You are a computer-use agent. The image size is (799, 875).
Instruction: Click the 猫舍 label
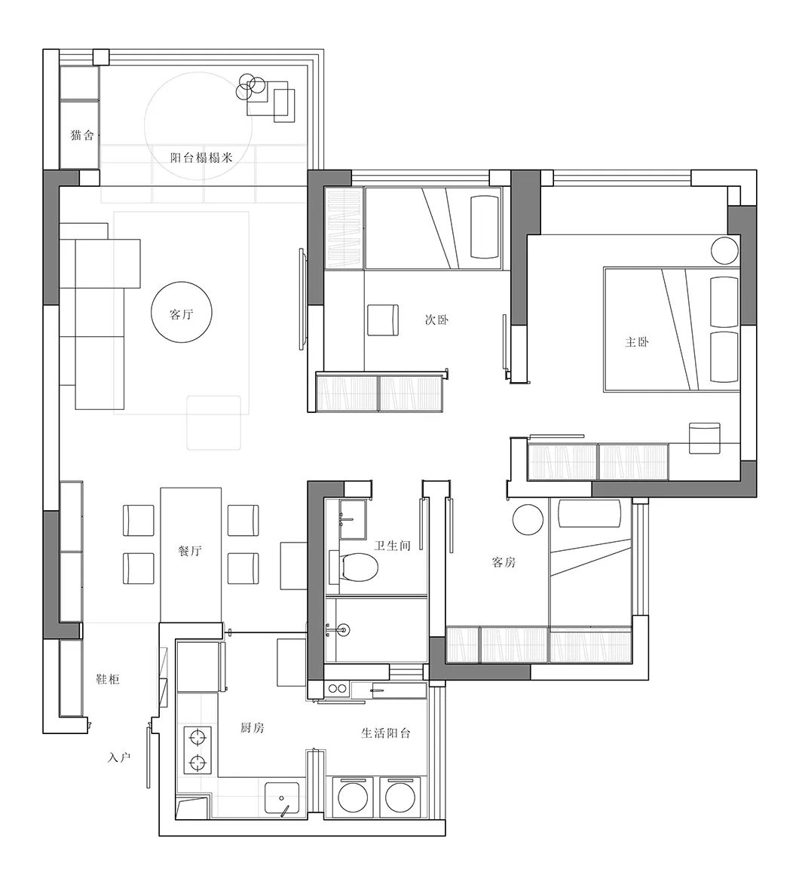(x=82, y=135)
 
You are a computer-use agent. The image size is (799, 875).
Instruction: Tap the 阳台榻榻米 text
(x=201, y=158)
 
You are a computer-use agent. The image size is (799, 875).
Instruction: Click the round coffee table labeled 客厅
(x=182, y=314)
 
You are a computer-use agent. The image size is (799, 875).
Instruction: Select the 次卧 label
(x=436, y=320)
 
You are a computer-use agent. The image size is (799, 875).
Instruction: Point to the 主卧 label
(x=637, y=341)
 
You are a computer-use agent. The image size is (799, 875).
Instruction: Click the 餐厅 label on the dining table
(x=190, y=552)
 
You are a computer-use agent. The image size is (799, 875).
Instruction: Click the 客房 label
(x=504, y=562)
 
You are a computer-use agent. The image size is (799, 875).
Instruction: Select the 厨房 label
(x=253, y=728)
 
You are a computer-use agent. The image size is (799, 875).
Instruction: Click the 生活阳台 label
(x=385, y=733)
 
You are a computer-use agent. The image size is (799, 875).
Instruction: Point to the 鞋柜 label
(x=108, y=679)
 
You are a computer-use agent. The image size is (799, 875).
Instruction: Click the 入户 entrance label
(x=119, y=758)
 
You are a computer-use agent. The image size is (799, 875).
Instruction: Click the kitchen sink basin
(x=282, y=800)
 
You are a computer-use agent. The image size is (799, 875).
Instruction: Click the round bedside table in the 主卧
(x=725, y=250)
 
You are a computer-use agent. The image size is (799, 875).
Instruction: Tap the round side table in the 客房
(x=528, y=519)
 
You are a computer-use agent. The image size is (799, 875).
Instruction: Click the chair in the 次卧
(x=383, y=320)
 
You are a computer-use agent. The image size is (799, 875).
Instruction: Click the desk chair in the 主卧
(x=704, y=438)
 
